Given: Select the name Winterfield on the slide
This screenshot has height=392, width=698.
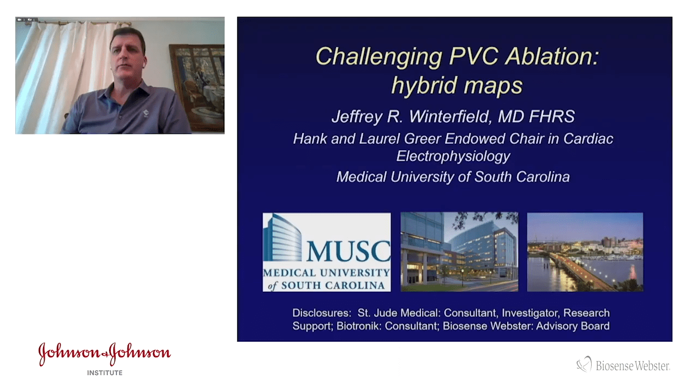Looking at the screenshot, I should tap(438, 117).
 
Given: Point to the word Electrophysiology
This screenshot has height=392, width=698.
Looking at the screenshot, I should tap(453, 156).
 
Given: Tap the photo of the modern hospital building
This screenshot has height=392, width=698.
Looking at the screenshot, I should tap(459, 252).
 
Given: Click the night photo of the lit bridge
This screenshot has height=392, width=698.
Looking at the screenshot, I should tap(585, 252).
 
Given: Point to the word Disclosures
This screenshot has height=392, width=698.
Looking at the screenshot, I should tap(322, 313).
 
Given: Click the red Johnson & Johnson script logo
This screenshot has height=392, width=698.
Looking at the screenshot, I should tap(104, 354).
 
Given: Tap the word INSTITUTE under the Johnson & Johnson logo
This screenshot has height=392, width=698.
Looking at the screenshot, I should tap(105, 373).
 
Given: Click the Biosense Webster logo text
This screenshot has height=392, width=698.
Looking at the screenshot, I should tap(633, 366).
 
